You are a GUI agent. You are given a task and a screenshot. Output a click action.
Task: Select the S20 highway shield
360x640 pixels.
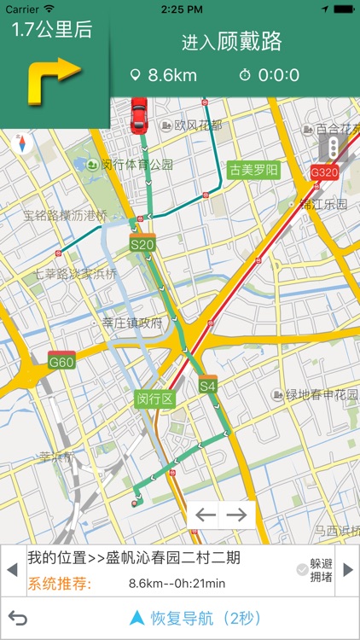tap(142, 244)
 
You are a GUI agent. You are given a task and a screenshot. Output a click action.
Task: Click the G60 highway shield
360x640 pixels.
tap(61, 361)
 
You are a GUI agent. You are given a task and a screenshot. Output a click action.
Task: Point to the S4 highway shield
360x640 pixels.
tap(208, 385)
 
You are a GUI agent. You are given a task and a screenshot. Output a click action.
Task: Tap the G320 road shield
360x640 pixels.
tap(324, 171)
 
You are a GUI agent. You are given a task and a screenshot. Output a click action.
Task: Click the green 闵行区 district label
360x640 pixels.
tap(154, 399)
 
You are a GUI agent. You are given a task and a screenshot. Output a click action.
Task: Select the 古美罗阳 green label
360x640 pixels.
tap(253, 170)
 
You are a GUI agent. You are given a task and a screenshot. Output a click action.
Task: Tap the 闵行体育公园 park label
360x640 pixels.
tap(130, 165)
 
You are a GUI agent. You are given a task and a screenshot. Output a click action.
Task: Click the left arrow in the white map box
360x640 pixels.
tap(206, 515)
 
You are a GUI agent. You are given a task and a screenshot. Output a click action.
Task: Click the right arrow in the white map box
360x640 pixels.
tap(237, 515)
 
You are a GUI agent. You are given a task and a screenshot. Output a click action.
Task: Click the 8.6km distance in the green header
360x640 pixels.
tap(171, 75)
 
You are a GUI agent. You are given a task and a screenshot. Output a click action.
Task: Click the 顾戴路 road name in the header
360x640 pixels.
tap(250, 41)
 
